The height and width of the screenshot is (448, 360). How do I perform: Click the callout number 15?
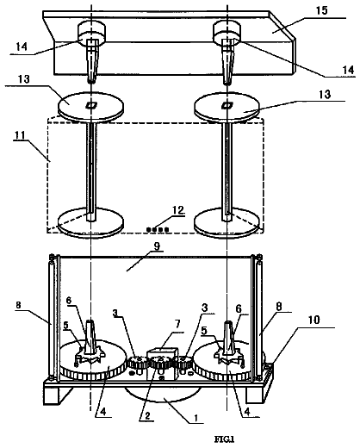click(x=321, y=10)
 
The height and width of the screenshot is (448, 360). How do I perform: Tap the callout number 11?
click(x=21, y=134)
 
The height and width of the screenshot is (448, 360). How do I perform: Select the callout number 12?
click(x=177, y=210)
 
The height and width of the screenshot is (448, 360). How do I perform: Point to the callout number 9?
click(x=158, y=246)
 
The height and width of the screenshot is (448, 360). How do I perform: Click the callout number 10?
click(x=314, y=320)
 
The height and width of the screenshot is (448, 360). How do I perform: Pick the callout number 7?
click(x=177, y=325)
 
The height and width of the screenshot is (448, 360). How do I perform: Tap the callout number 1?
click(x=196, y=418)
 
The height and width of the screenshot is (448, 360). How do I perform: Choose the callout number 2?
click(x=147, y=416)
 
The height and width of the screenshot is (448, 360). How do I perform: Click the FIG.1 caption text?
click(x=225, y=439)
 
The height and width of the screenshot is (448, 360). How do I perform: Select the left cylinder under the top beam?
click(x=91, y=34)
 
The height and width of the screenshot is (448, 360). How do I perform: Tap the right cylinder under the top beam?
click(x=227, y=34)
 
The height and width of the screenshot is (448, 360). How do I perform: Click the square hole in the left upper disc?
click(x=91, y=106)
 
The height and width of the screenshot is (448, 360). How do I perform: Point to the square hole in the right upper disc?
click(x=227, y=106)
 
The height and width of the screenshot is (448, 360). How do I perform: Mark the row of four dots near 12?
click(x=158, y=229)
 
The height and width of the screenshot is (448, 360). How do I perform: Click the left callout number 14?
click(x=22, y=47)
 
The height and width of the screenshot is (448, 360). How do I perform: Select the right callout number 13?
click(x=325, y=95)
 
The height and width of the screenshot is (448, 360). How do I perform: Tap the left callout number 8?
click(x=18, y=305)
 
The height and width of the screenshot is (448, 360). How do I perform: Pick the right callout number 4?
click(x=247, y=412)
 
